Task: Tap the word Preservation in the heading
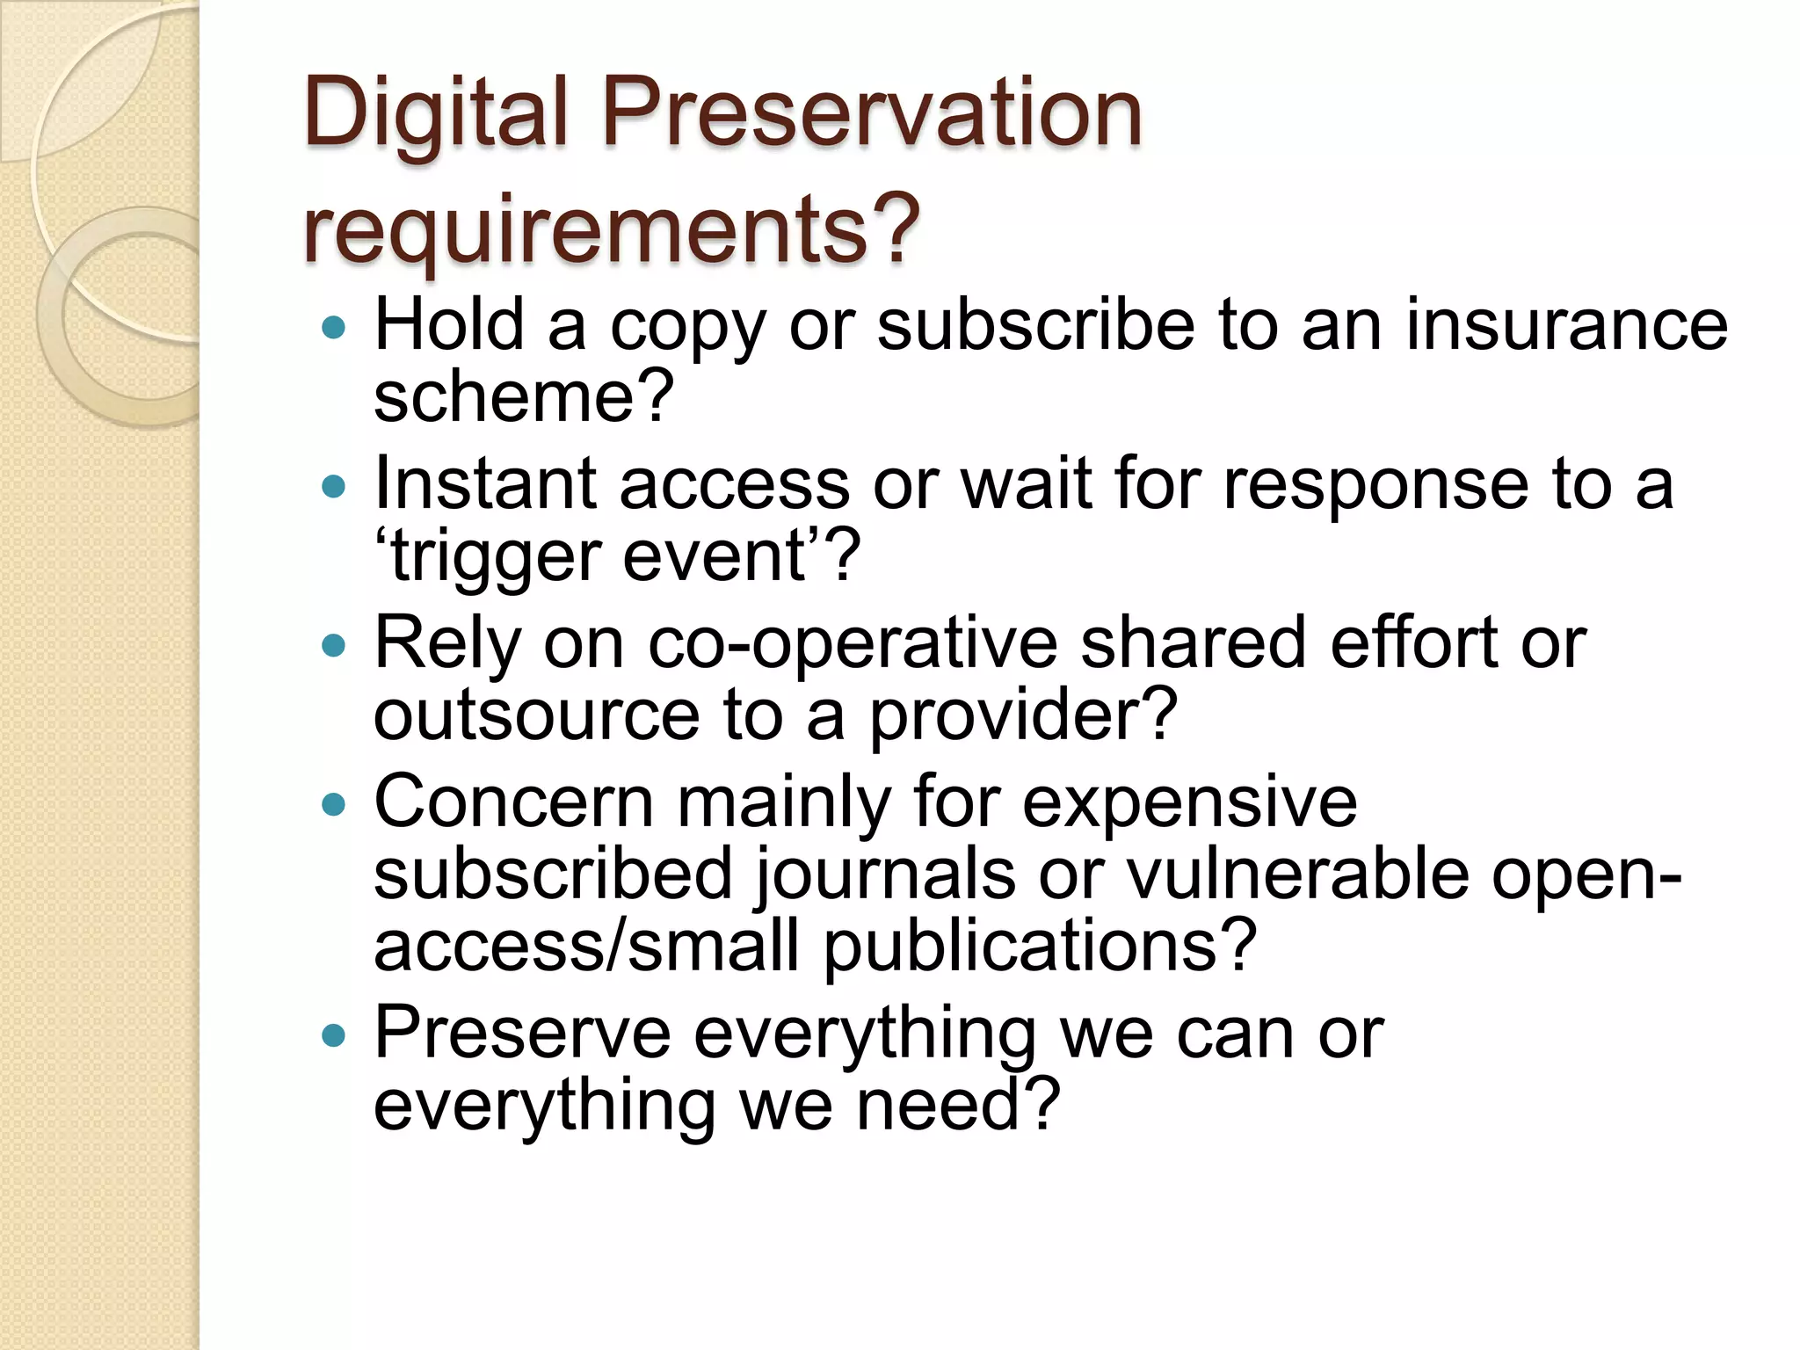(871, 112)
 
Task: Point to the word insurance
(1566, 325)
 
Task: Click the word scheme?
(524, 397)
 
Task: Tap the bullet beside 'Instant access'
(334, 486)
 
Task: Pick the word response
(1375, 485)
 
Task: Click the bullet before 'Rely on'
(334, 646)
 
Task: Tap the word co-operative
(852, 644)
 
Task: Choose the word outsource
(536, 715)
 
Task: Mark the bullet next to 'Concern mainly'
(334, 804)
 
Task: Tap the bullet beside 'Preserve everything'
(334, 1035)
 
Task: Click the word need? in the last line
(958, 1106)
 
